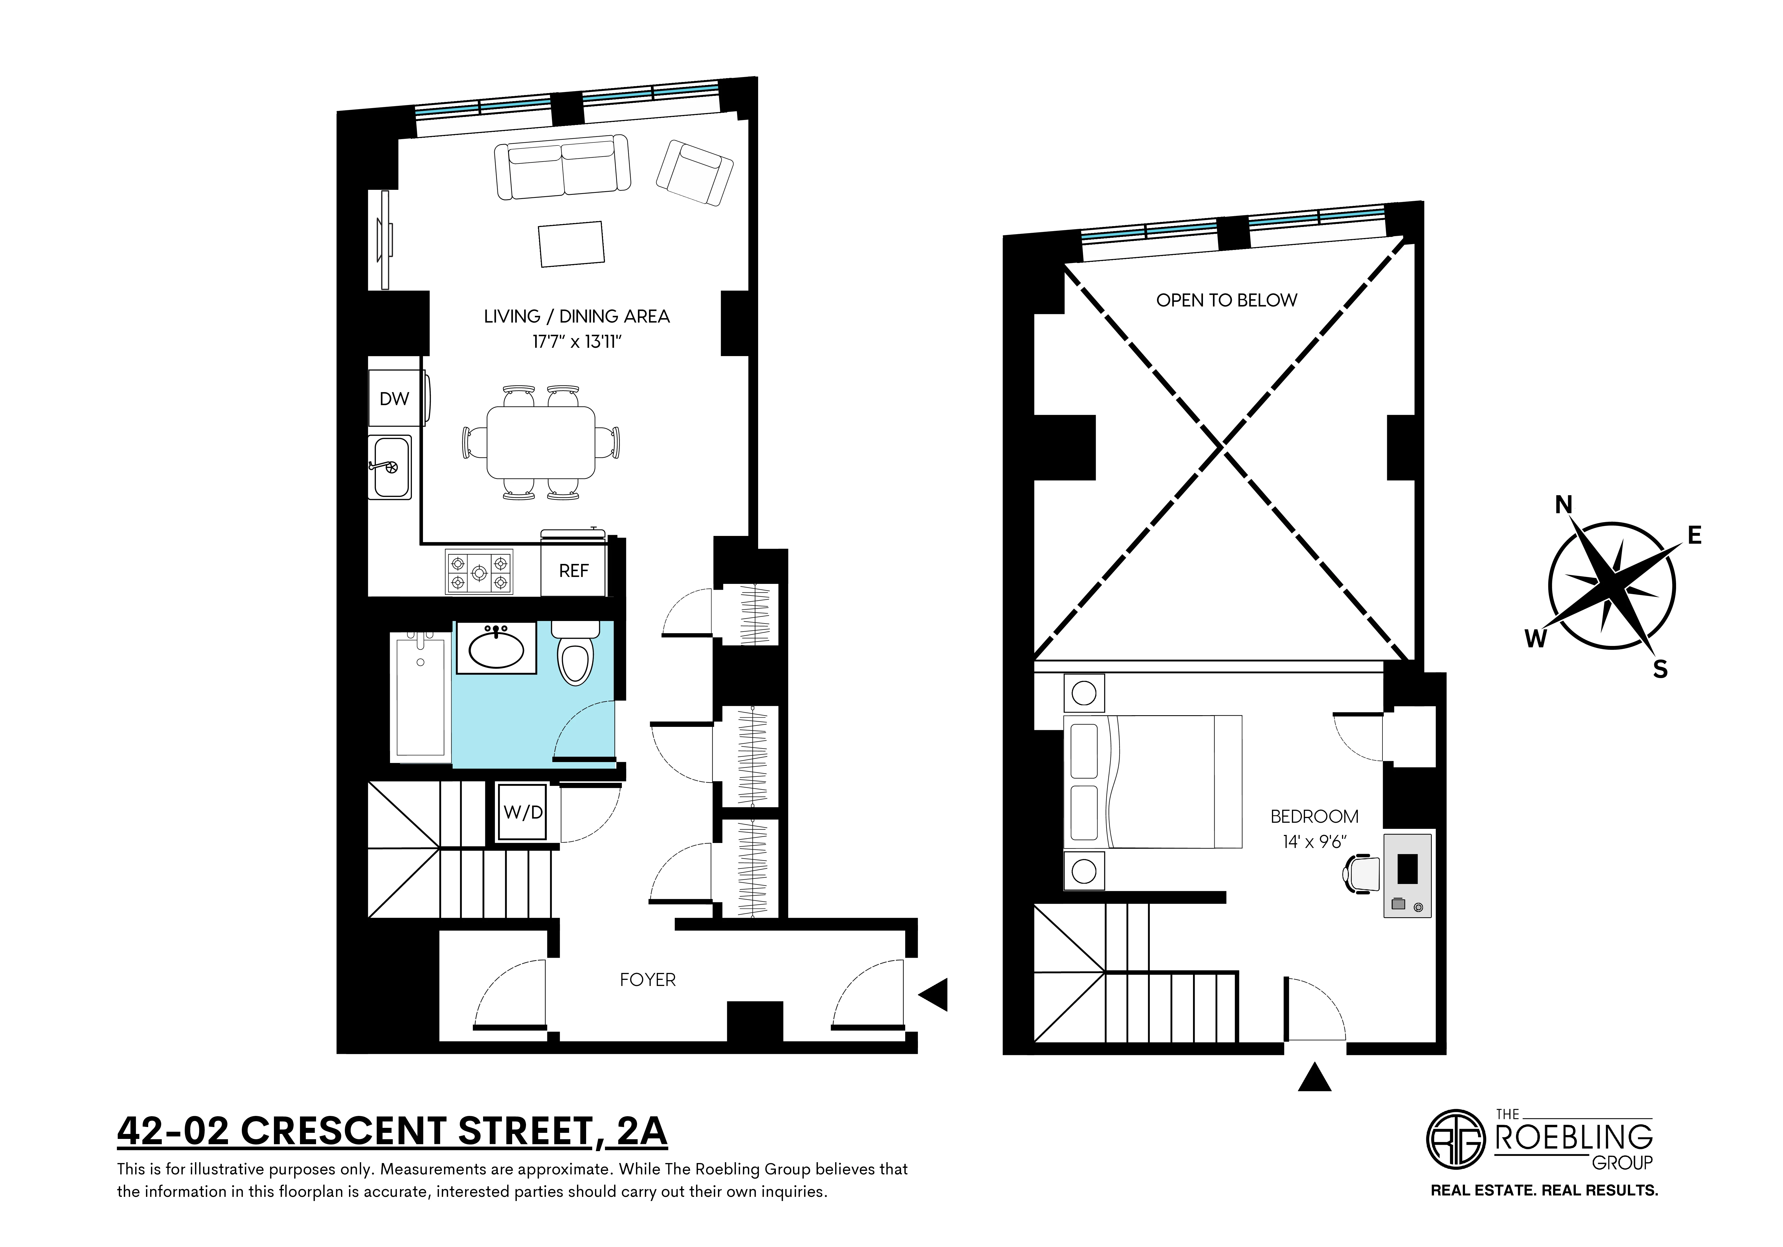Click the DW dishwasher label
394,398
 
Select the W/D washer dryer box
523,813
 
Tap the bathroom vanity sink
496,650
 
